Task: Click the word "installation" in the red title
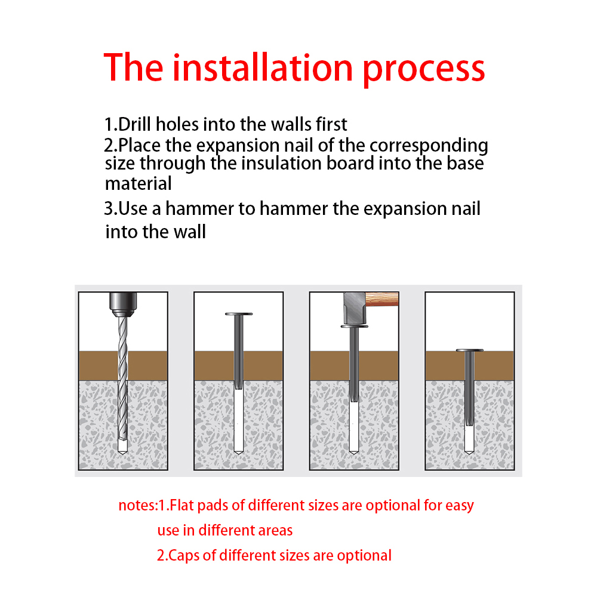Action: coord(263,68)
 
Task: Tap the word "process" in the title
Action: coord(423,70)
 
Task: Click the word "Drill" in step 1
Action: coord(134,124)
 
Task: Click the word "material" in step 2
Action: coord(139,183)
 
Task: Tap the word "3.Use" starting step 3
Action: coord(125,208)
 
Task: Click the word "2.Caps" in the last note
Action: coord(177,556)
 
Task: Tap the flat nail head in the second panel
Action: coord(239,314)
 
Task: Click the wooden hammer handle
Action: coord(382,299)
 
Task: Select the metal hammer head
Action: coord(354,308)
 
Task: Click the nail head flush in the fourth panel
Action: coord(469,350)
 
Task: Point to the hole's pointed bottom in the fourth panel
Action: coord(469,453)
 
